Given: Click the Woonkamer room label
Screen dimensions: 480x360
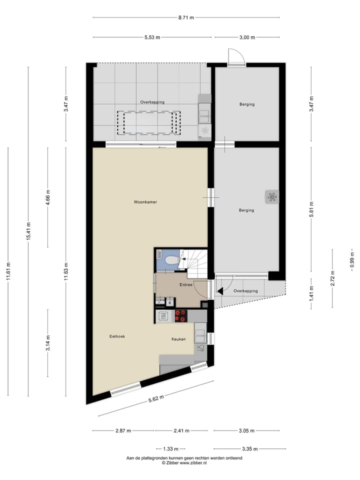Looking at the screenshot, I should [145, 202].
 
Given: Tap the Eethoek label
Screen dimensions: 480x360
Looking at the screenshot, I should [117, 336].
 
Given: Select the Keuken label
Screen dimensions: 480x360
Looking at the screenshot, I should [178, 339].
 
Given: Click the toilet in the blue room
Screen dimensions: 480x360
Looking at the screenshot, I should [170, 260].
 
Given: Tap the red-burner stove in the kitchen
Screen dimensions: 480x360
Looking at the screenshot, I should [180, 315].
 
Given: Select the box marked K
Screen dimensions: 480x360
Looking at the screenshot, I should [170, 302].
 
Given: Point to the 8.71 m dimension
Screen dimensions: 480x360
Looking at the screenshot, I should [186, 17].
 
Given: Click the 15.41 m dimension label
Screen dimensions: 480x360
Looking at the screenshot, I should [28, 231].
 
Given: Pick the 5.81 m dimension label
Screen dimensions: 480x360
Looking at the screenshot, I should [311, 208].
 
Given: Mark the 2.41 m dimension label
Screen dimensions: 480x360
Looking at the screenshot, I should [181, 430].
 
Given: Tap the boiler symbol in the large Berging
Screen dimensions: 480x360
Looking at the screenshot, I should [272, 196].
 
